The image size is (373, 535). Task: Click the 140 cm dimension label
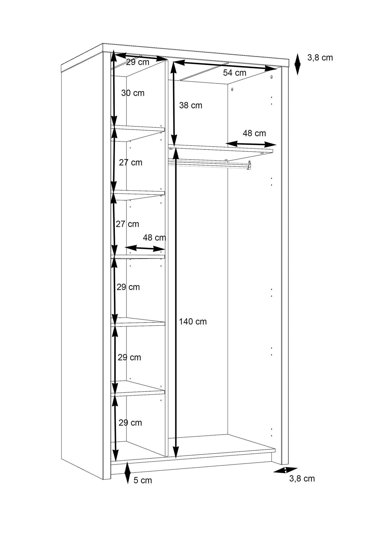(193, 322)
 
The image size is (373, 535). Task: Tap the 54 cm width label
(235, 73)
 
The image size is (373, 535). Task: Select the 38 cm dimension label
(191, 105)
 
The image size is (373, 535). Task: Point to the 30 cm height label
(133, 93)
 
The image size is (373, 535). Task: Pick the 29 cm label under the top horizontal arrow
(138, 62)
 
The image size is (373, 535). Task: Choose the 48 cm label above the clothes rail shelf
(254, 133)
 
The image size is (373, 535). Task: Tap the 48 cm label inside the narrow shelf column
(154, 237)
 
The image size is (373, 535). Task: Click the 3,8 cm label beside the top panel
(320, 58)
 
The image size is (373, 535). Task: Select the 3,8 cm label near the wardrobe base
(302, 479)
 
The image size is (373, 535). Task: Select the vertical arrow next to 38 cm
(174, 104)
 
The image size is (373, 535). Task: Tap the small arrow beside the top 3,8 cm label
(298, 64)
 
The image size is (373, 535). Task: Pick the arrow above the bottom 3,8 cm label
(285, 470)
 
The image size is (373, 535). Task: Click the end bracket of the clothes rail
(249, 165)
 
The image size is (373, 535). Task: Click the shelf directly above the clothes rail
(220, 153)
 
